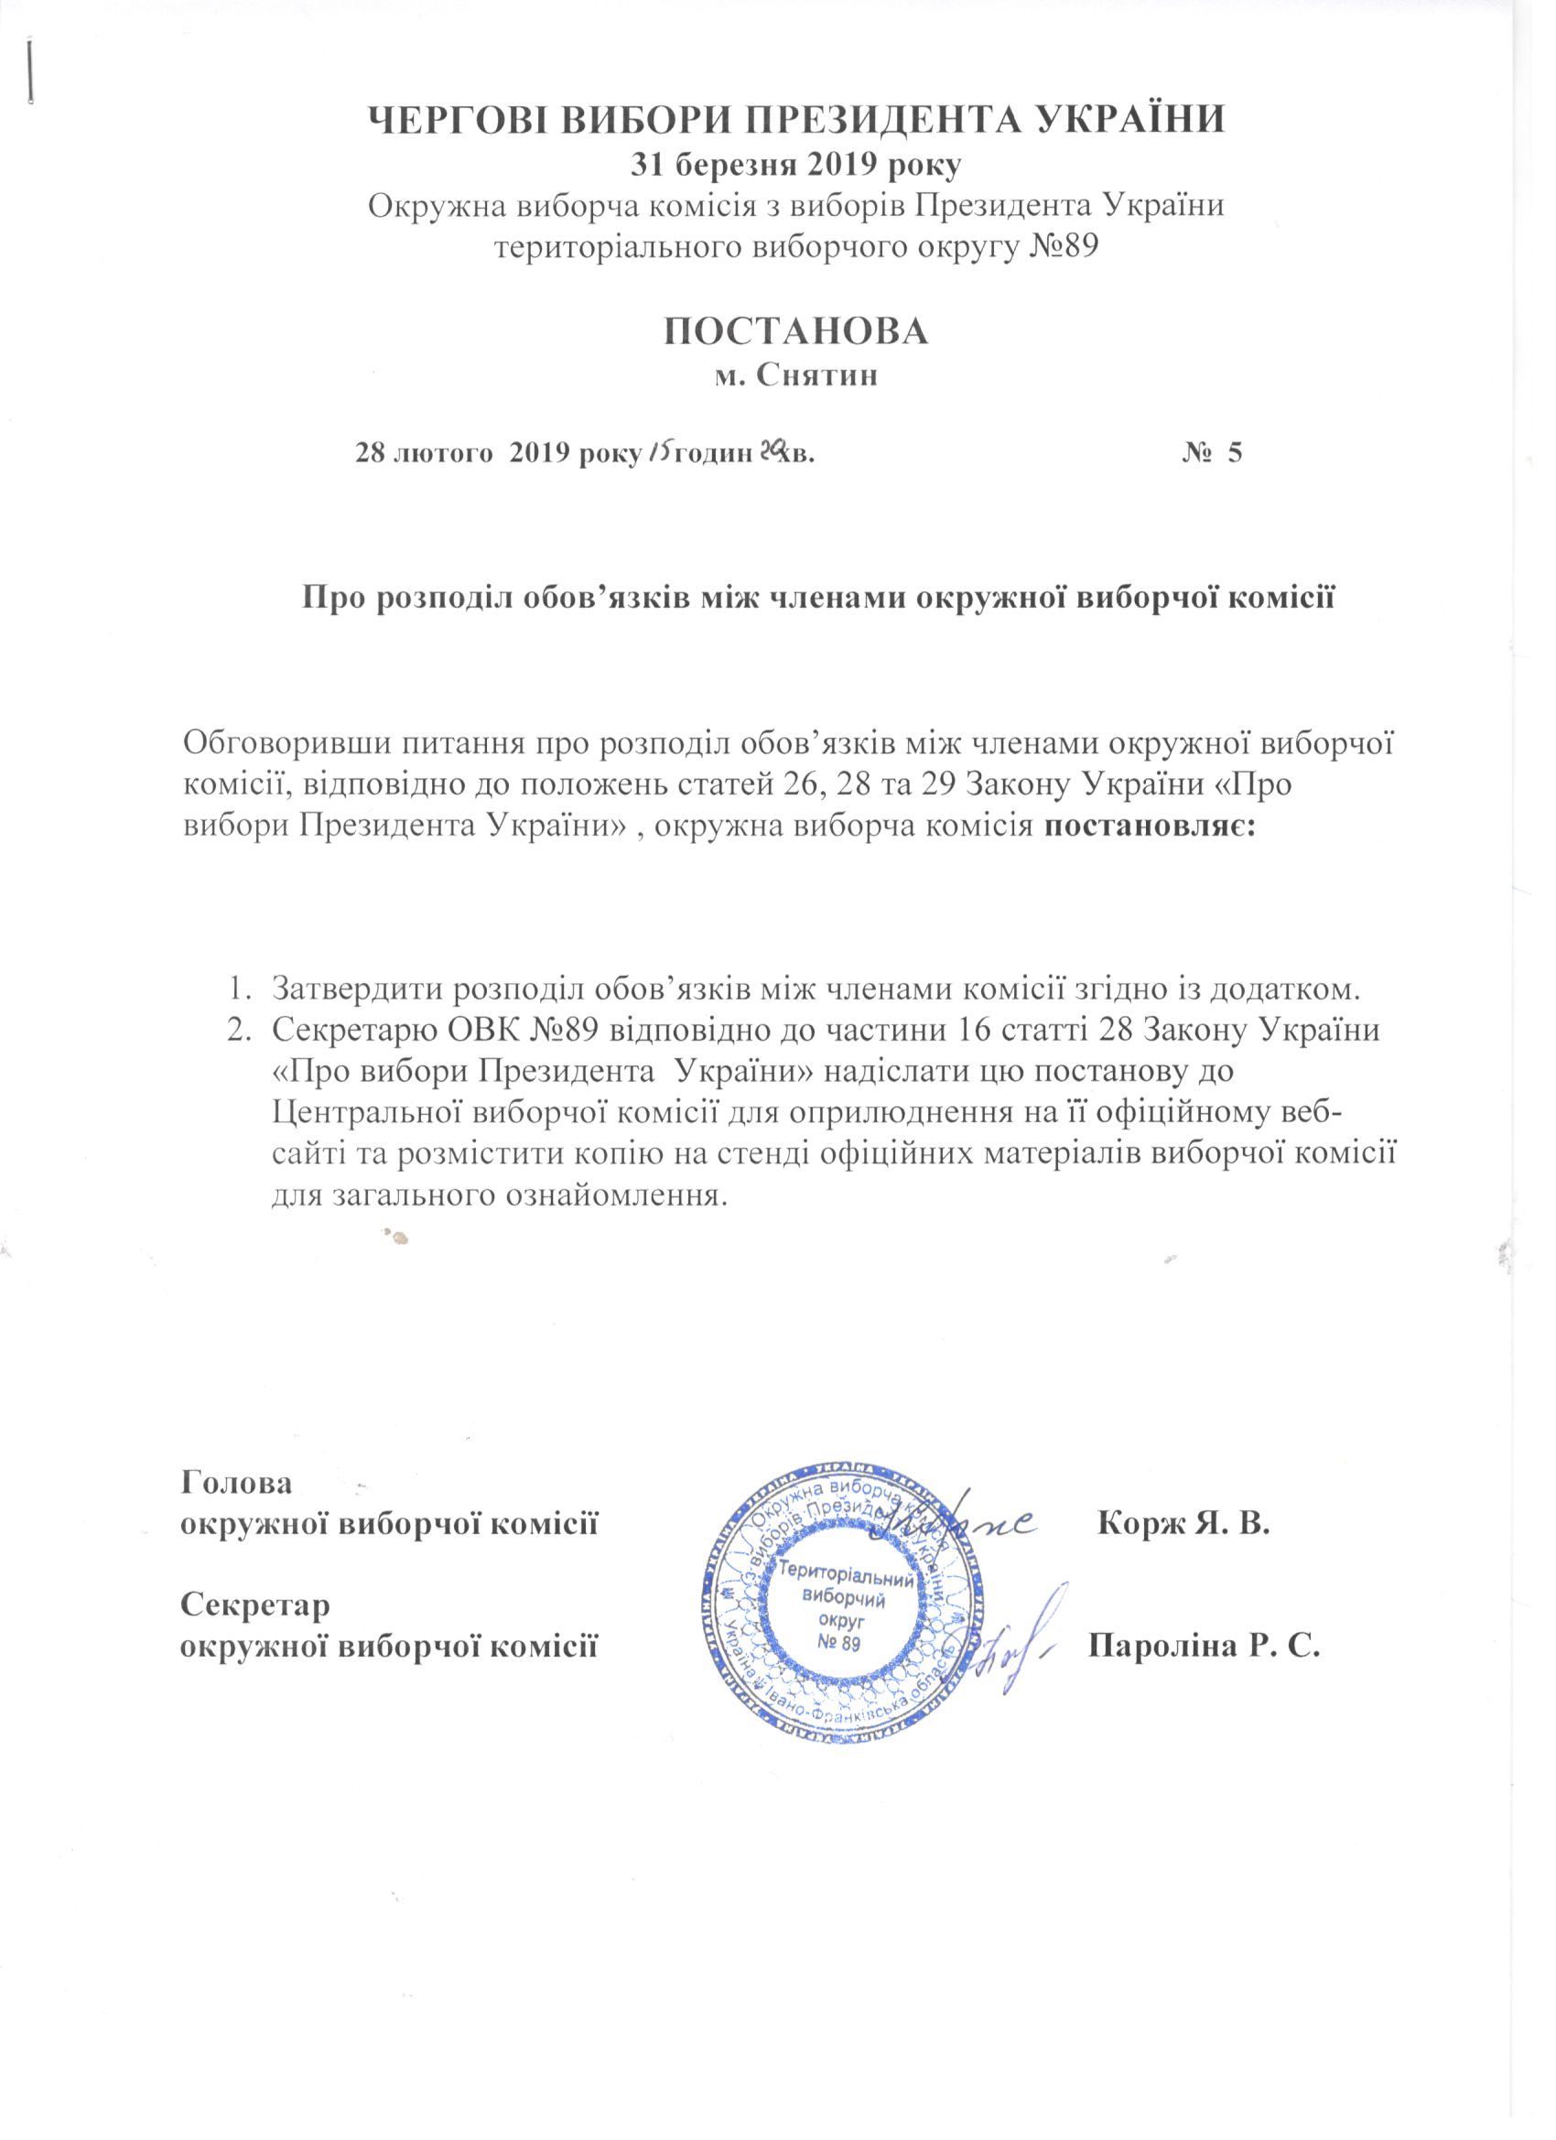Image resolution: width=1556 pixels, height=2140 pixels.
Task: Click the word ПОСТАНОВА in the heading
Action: [795, 331]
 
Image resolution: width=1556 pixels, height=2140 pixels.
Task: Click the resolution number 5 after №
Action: [1234, 453]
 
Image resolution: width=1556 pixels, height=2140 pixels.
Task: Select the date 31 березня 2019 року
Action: [795, 166]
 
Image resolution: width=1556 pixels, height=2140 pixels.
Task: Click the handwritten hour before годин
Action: [658, 453]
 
